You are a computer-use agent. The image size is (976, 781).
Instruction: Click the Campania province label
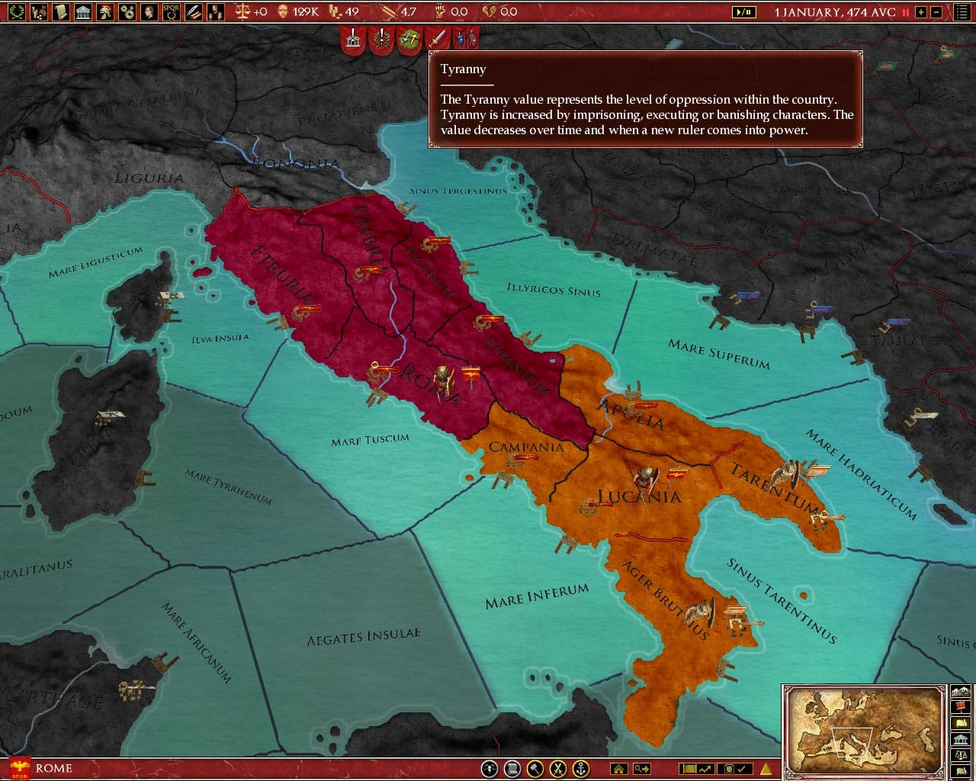[526, 447]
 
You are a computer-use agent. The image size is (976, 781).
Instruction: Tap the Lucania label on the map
[639, 497]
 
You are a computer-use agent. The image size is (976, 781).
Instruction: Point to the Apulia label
[631, 415]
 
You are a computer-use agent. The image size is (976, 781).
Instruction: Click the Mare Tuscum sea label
[370, 440]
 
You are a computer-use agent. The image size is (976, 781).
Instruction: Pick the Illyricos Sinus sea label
[554, 290]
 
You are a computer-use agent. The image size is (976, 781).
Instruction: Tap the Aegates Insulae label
[363, 637]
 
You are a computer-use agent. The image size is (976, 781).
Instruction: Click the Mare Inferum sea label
[537, 596]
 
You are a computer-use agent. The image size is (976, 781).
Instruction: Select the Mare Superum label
[718, 354]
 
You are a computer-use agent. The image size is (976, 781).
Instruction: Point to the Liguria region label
[149, 178]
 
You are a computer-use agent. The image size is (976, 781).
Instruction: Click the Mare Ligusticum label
[95, 262]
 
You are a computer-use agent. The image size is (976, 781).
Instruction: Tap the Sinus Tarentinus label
[781, 601]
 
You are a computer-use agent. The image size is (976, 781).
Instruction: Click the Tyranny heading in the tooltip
[463, 69]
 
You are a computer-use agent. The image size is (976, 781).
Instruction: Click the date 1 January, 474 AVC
[834, 12]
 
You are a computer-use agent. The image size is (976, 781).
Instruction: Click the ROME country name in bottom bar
[54, 768]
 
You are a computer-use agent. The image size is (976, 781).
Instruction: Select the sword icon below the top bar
[437, 37]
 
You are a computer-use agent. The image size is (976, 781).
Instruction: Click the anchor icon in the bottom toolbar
[581, 768]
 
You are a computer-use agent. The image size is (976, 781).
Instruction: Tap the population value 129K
[305, 12]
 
